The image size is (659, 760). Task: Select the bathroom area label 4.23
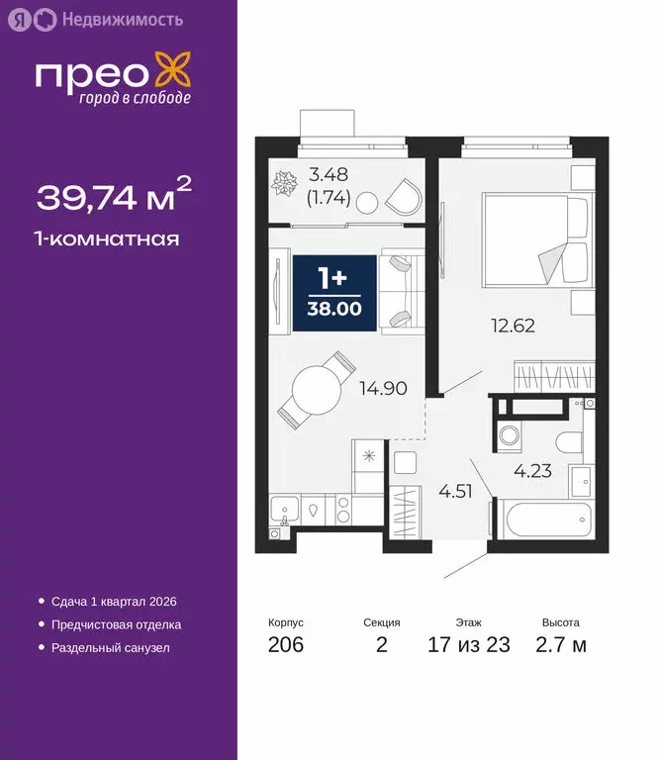coord(532,471)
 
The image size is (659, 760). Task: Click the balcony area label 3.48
coord(328,176)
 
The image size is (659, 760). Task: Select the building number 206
coord(285,646)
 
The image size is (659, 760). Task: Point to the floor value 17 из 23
coord(468,646)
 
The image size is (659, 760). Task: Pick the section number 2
coord(381,646)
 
